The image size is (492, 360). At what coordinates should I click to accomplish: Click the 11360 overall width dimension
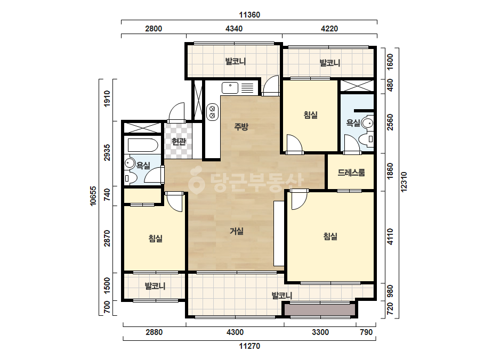tap(249, 15)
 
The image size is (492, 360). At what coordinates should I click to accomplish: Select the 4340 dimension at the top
tap(234, 29)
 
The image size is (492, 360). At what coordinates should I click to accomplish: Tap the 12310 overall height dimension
tap(404, 182)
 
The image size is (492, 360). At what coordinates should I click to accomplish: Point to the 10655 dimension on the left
tap(93, 196)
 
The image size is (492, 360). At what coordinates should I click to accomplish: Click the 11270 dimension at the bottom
tap(249, 346)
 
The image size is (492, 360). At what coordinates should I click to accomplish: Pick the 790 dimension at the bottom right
tap(366, 332)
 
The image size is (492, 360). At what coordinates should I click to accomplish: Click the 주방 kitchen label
tap(241, 127)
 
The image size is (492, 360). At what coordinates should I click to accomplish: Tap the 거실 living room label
tap(237, 231)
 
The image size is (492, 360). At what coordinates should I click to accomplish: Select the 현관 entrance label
tap(179, 142)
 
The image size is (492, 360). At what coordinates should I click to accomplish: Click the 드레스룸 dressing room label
tap(351, 173)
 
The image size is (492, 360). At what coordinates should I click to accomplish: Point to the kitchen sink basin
tap(230, 88)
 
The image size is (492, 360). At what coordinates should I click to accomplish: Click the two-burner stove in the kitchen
tap(212, 112)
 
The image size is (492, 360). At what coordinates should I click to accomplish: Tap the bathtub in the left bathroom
tap(143, 145)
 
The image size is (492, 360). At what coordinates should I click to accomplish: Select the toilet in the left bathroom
tap(130, 178)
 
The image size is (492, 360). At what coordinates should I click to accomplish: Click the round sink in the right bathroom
tap(367, 122)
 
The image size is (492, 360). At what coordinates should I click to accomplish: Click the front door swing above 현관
tap(176, 112)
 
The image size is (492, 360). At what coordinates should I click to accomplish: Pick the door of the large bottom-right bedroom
tap(300, 200)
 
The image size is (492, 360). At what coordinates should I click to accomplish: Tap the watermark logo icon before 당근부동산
tap(196, 180)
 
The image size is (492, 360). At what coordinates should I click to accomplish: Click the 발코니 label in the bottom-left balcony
tap(155, 286)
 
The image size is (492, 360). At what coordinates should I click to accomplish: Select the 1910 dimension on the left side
tap(107, 99)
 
